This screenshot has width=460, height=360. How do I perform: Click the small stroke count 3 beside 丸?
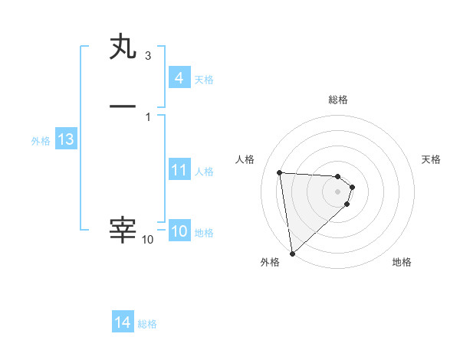148,56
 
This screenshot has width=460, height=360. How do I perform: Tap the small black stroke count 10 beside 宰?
148,240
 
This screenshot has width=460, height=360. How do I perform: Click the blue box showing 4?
179,78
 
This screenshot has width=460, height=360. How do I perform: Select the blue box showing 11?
179,170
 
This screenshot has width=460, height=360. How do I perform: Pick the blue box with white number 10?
179,232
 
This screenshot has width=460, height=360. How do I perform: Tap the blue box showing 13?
66,140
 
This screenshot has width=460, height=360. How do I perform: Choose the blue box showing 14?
123,323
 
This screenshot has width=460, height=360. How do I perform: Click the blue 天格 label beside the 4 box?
204,79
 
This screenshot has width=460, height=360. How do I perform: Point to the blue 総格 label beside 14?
147,324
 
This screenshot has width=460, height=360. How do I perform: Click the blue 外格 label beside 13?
41,141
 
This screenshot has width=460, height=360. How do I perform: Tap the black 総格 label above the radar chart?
338,100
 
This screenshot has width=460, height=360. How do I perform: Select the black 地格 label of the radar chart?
402,262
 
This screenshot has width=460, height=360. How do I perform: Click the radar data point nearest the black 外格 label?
292,253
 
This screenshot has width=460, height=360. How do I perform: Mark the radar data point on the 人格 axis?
280,172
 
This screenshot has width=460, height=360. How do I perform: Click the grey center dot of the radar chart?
338,191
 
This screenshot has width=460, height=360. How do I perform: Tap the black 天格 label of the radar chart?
431,159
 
